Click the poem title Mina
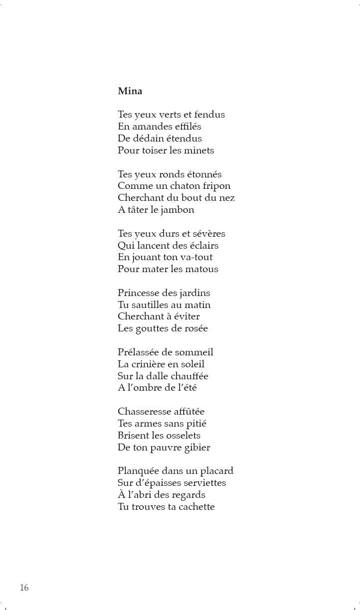click(130, 91)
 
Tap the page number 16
click(24, 588)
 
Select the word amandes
click(149, 127)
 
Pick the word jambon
click(178, 210)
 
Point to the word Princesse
click(139, 293)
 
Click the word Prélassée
click(138, 352)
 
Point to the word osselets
click(182, 435)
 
